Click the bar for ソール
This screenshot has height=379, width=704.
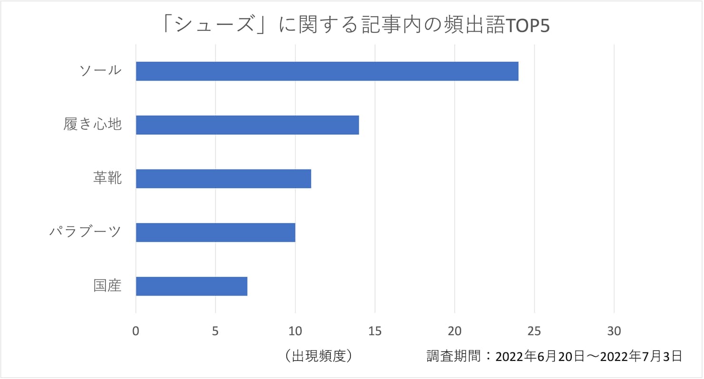click(x=327, y=71)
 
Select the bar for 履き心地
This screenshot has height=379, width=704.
click(x=247, y=125)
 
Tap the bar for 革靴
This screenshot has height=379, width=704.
click(x=224, y=179)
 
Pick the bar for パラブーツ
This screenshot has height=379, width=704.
click(x=215, y=232)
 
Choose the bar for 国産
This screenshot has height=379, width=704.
click(x=192, y=286)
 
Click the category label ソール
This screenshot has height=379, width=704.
click(x=100, y=71)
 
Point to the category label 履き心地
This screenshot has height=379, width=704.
click(x=93, y=125)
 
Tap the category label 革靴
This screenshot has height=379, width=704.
click(x=108, y=179)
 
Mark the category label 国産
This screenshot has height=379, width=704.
click(x=108, y=286)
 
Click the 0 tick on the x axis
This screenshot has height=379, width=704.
click(x=136, y=331)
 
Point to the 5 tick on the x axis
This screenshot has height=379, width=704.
click(x=215, y=331)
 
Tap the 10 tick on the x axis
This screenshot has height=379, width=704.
click(x=295, y=331)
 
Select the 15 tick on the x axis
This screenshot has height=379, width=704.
click(x=375, y=331)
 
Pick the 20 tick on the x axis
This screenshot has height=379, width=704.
click(x=455, y=331)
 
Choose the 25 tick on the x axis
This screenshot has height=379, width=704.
click(x=535, y=331)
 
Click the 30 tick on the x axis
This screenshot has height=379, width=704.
click(x=614, y=331)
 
